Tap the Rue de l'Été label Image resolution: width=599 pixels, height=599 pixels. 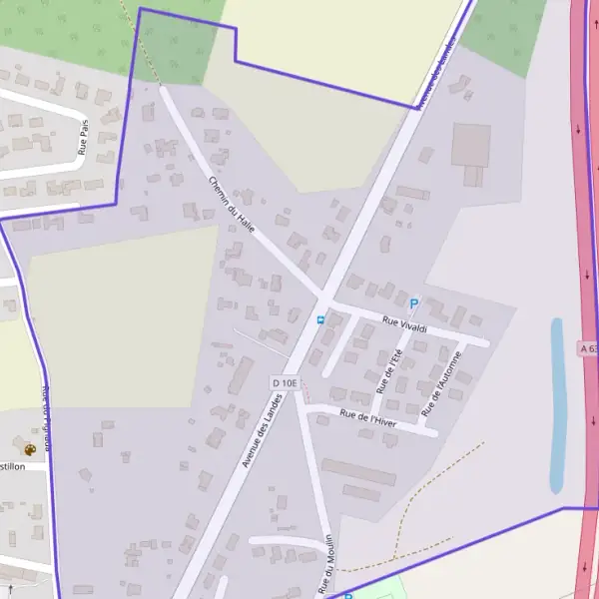click(386, 366)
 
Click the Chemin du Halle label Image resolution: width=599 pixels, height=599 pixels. click(233, 206)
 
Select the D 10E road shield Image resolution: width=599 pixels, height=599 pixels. click(284, 383)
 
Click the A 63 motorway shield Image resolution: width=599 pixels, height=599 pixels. click(588, 348)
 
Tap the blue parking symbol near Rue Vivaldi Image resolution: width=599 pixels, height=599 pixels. click(414, 303)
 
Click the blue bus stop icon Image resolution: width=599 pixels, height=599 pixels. click(319, 320)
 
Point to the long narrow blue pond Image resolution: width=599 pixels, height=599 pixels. click(557, 404)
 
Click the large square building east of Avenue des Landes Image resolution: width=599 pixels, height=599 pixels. click(471, 145)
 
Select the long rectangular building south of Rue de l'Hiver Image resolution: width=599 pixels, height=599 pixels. click(358, 472)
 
